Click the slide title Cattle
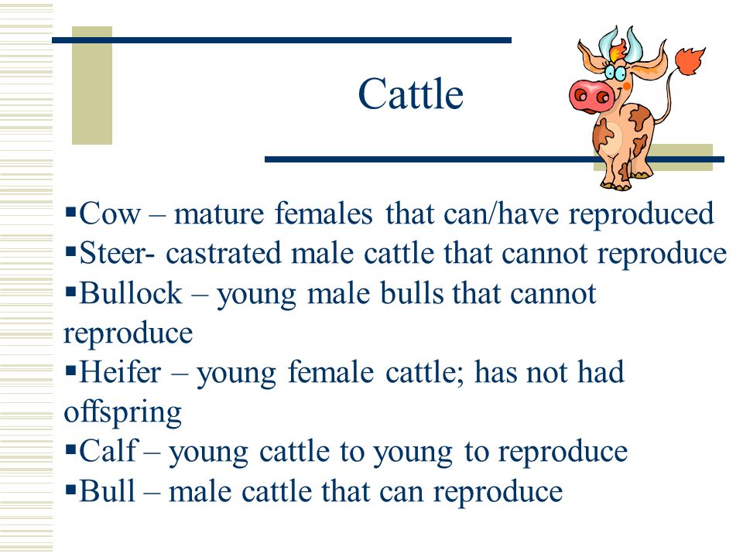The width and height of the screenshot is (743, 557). click(410, 94)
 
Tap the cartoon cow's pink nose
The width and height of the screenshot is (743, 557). click(591, 97)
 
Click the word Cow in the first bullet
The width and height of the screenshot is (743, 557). click(110, 214)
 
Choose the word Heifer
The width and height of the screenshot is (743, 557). click(120, 372)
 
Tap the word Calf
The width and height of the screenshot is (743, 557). click(108, 450)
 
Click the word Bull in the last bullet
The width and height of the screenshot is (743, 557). click(107, 490)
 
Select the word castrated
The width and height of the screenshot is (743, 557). click(224, 254)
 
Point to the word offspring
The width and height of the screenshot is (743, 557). click(123, 413)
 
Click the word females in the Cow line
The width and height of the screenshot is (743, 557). click(324, 214)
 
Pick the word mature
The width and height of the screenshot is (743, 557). click(218, 214)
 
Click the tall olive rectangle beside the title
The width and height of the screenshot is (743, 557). click(92, 85)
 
